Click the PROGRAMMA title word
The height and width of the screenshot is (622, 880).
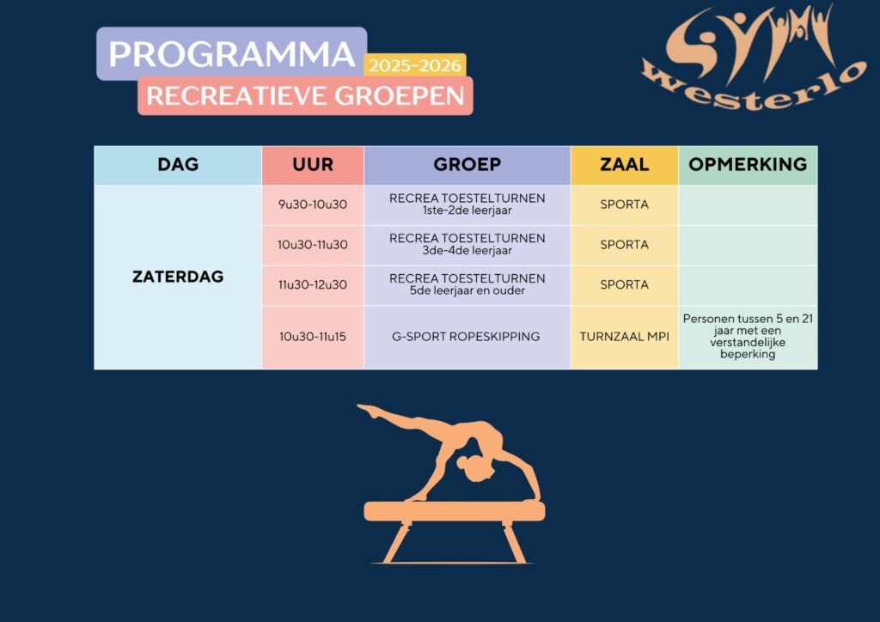point(231,54)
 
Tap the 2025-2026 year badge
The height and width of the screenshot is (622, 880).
point(415,65)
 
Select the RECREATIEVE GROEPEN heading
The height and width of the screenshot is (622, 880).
point(305,96)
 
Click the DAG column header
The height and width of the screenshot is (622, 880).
point(178,164)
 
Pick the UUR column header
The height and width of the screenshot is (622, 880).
point(313,164)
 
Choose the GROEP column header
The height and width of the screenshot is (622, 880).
point(467,164)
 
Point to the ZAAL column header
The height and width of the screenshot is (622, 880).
point(624,164)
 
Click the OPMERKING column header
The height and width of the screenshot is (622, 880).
point(748,164)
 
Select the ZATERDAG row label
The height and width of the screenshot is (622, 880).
point(178,277)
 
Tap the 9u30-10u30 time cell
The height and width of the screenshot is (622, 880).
point(313,204)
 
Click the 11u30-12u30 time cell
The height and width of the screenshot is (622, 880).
point(313,285)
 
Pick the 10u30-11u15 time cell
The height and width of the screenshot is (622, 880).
point(313,337)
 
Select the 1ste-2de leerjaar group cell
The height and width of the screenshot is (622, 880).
point(467,204)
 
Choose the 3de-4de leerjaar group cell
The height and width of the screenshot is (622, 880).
point(467,245)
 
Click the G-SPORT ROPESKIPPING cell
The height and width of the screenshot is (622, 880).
point(466,337)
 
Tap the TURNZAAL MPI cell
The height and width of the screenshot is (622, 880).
point(624,337)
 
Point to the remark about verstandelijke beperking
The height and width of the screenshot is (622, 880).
point(748,337)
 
